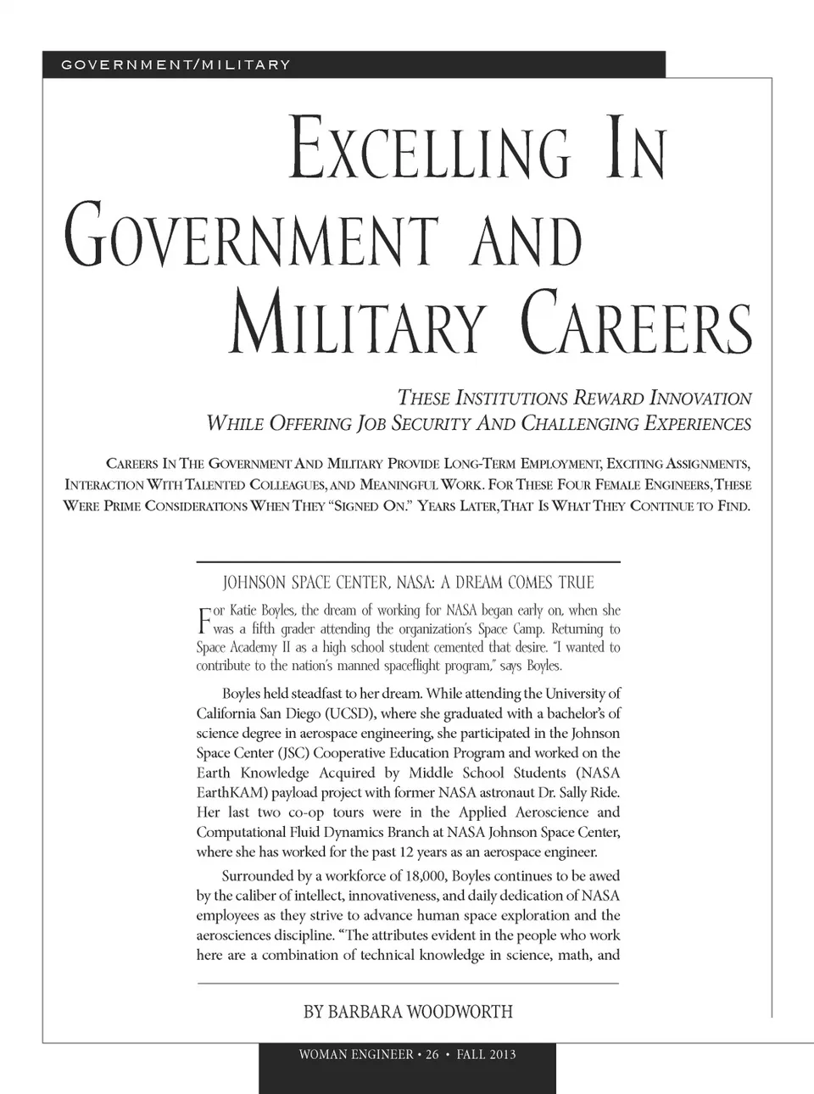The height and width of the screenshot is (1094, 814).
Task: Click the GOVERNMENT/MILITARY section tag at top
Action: coord(176,64)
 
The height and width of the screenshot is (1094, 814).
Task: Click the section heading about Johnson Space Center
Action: coord(408,583)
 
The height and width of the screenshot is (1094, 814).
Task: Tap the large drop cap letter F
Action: coord(203,620)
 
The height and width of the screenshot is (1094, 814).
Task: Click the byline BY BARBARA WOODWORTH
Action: coord(408,1012)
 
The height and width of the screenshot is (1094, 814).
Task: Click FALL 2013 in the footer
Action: coord(486,1055)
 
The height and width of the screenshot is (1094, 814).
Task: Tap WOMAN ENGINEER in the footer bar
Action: coord(356,1055)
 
